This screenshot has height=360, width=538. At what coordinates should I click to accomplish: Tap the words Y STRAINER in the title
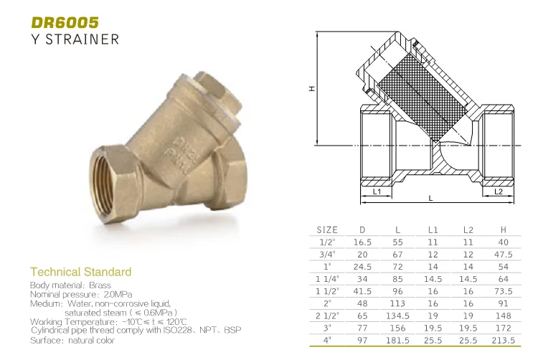point(75,39)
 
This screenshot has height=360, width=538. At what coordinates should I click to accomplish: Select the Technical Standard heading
point(80,272)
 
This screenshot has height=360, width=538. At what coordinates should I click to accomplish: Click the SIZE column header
point(326,229)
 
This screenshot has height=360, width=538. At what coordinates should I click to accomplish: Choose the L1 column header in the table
point(433,229)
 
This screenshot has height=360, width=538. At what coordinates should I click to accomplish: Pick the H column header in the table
point(503,229)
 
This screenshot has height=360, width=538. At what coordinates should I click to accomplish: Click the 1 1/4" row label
point(327,278)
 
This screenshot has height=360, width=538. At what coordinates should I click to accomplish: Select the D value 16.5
point(362,242)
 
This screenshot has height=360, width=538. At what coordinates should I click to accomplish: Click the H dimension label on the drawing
point(312,89)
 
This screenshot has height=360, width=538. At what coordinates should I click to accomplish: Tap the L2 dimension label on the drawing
point(499,191)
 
